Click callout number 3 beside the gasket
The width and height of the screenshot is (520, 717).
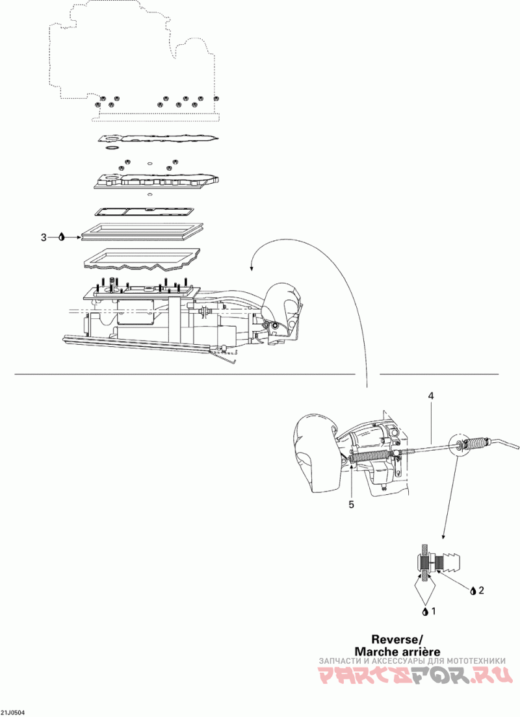pos(44,238)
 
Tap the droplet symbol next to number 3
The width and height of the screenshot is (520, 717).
pos(61,238)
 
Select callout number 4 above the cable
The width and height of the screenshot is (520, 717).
pos(430,395)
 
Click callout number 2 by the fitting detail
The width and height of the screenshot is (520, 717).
pos(481,590)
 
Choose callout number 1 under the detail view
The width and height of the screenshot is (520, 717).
pos(434,611)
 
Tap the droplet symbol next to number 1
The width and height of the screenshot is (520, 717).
pos(425,611)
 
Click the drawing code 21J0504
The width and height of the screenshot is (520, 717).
pos(13,712)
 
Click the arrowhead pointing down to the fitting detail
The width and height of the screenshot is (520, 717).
pos(443,537)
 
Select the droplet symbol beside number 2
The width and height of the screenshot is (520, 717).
pos(473,590)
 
